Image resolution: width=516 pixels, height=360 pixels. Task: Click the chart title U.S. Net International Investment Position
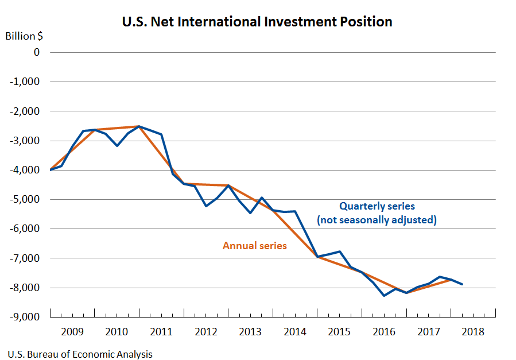(257, 22)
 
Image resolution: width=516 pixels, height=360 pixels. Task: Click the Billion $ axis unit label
(24, 36)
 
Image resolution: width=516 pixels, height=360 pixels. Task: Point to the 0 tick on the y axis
(37, 52)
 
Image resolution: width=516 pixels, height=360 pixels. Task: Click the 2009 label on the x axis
(72, 332)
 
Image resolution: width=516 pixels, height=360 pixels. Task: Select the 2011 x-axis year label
(161, 332)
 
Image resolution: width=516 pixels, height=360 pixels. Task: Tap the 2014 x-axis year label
(294, 332)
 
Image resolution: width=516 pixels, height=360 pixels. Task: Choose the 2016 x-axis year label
(383, 332)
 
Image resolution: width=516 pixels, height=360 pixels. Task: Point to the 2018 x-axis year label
(473, 332)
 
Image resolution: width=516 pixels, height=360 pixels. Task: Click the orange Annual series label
(255, 246)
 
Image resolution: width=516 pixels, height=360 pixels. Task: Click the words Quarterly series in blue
(377, 206)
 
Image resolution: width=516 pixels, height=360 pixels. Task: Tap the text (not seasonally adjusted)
(377, 219)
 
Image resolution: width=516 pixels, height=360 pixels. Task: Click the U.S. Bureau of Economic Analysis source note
(80, 354)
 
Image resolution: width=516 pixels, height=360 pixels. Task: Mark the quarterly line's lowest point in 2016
(384, 296)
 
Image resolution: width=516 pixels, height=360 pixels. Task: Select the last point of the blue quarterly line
(462, 284)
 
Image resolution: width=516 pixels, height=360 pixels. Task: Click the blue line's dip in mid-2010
(117, 146)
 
